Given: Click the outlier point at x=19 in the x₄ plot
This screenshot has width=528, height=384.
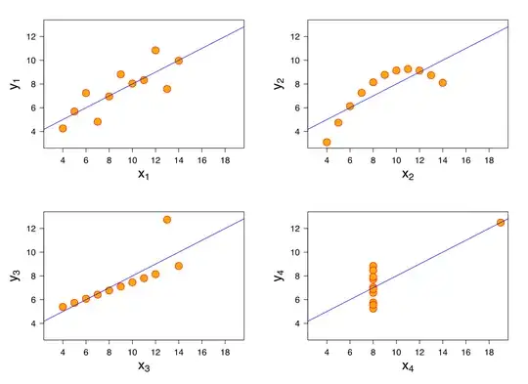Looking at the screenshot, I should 501,222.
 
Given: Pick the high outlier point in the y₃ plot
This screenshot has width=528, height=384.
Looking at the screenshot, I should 167,220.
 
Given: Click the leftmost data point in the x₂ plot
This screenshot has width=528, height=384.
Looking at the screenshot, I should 327,143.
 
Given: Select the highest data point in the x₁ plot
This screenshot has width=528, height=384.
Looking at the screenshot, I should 155,50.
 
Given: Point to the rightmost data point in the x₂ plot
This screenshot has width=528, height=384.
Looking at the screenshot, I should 443,83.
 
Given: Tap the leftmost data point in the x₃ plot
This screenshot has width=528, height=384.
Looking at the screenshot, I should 63,307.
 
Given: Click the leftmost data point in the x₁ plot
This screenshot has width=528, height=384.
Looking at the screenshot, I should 63,128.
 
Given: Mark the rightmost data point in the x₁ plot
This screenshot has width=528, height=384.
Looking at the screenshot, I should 179,61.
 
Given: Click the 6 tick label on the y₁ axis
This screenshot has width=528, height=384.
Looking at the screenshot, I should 32,107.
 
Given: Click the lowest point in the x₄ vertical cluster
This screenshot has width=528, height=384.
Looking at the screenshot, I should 373,308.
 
